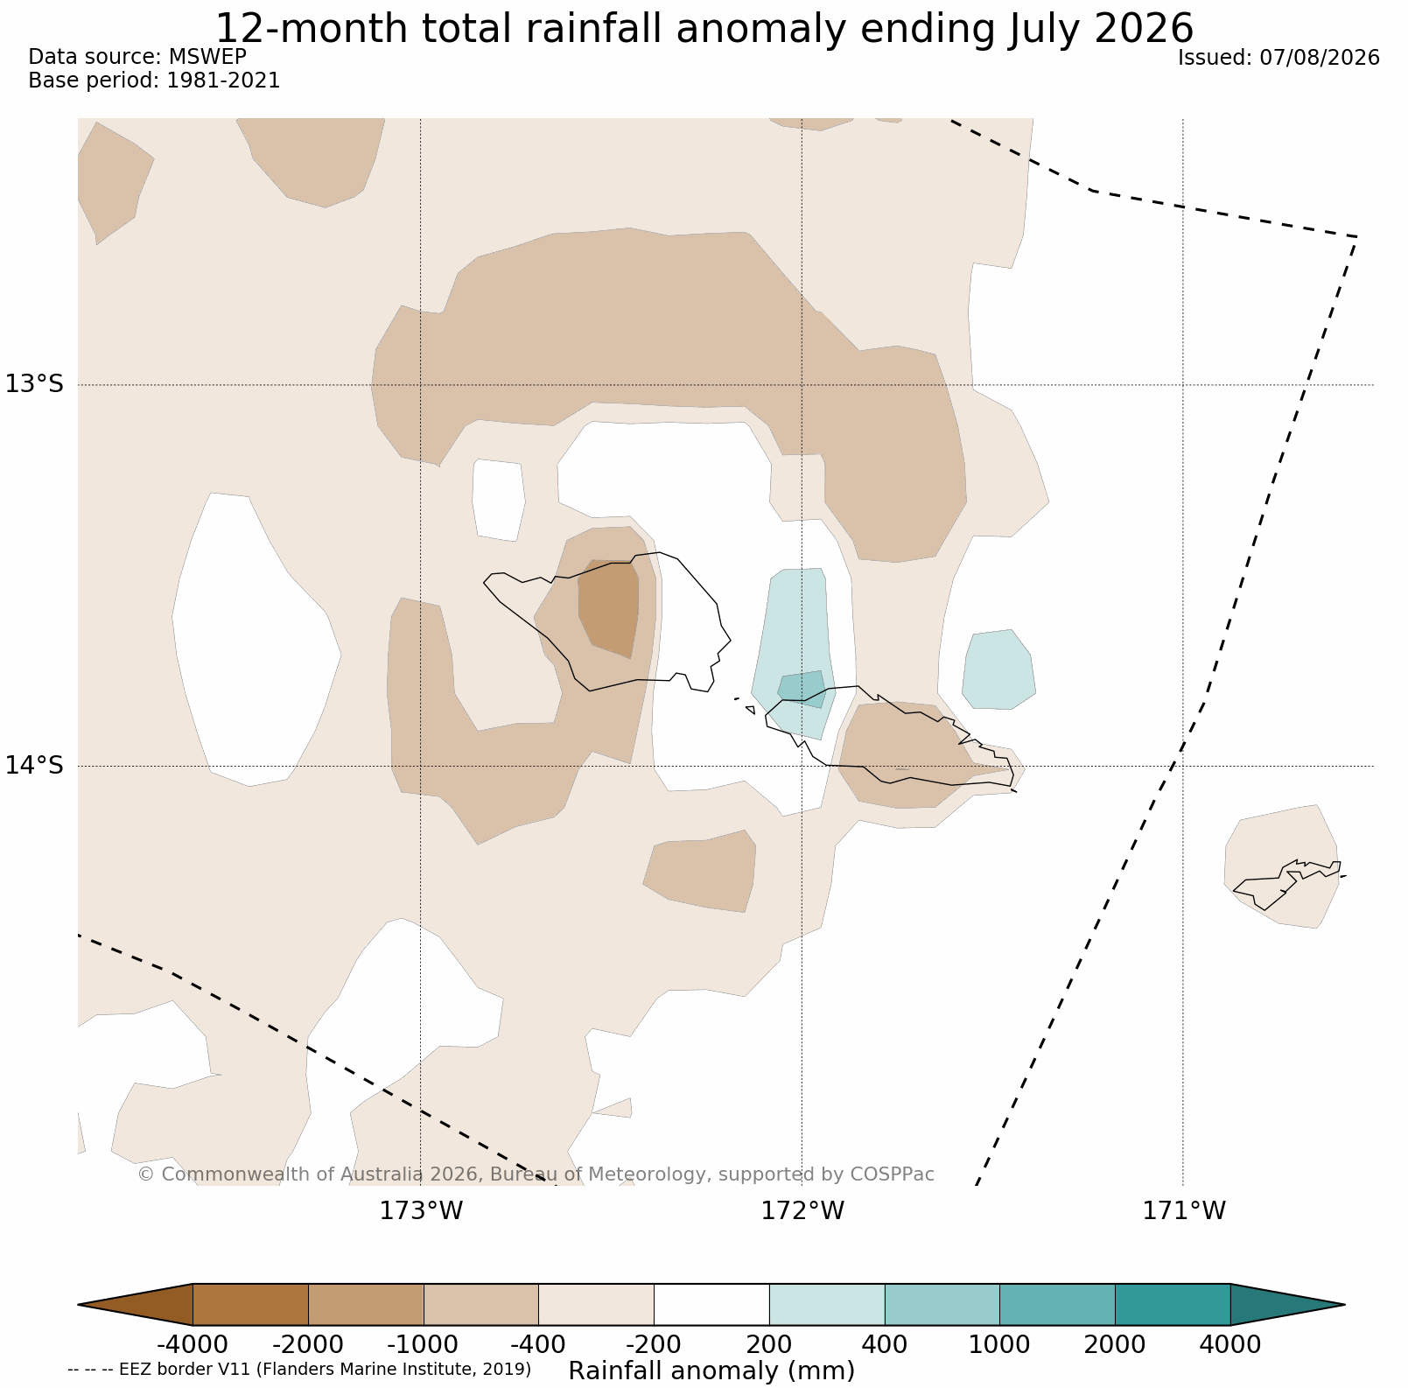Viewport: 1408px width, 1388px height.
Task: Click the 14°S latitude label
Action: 35,766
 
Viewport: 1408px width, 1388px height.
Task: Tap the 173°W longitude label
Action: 421,1211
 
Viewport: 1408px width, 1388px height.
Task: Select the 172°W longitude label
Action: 802,1211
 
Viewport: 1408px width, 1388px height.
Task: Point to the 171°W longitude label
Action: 1184,1211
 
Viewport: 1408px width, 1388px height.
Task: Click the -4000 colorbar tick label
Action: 193,1343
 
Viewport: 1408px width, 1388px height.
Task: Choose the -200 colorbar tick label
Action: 654,1343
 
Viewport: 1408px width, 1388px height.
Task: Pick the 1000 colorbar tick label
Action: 999,1343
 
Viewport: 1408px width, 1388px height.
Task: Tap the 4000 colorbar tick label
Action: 1230,1343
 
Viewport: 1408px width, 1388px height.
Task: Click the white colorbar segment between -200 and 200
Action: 711,1305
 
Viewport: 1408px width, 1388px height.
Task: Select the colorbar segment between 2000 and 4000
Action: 1173,1305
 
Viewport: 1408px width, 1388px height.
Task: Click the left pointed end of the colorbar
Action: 79,1305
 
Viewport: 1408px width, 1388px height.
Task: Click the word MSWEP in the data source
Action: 207,57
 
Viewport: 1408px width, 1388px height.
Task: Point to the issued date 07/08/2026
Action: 1320,58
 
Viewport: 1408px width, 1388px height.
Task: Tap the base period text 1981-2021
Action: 223,81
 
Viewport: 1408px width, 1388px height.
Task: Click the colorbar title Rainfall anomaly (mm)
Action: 711,1370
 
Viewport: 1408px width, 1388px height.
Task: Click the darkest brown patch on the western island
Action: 610,606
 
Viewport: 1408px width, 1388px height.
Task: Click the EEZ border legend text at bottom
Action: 299,1369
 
